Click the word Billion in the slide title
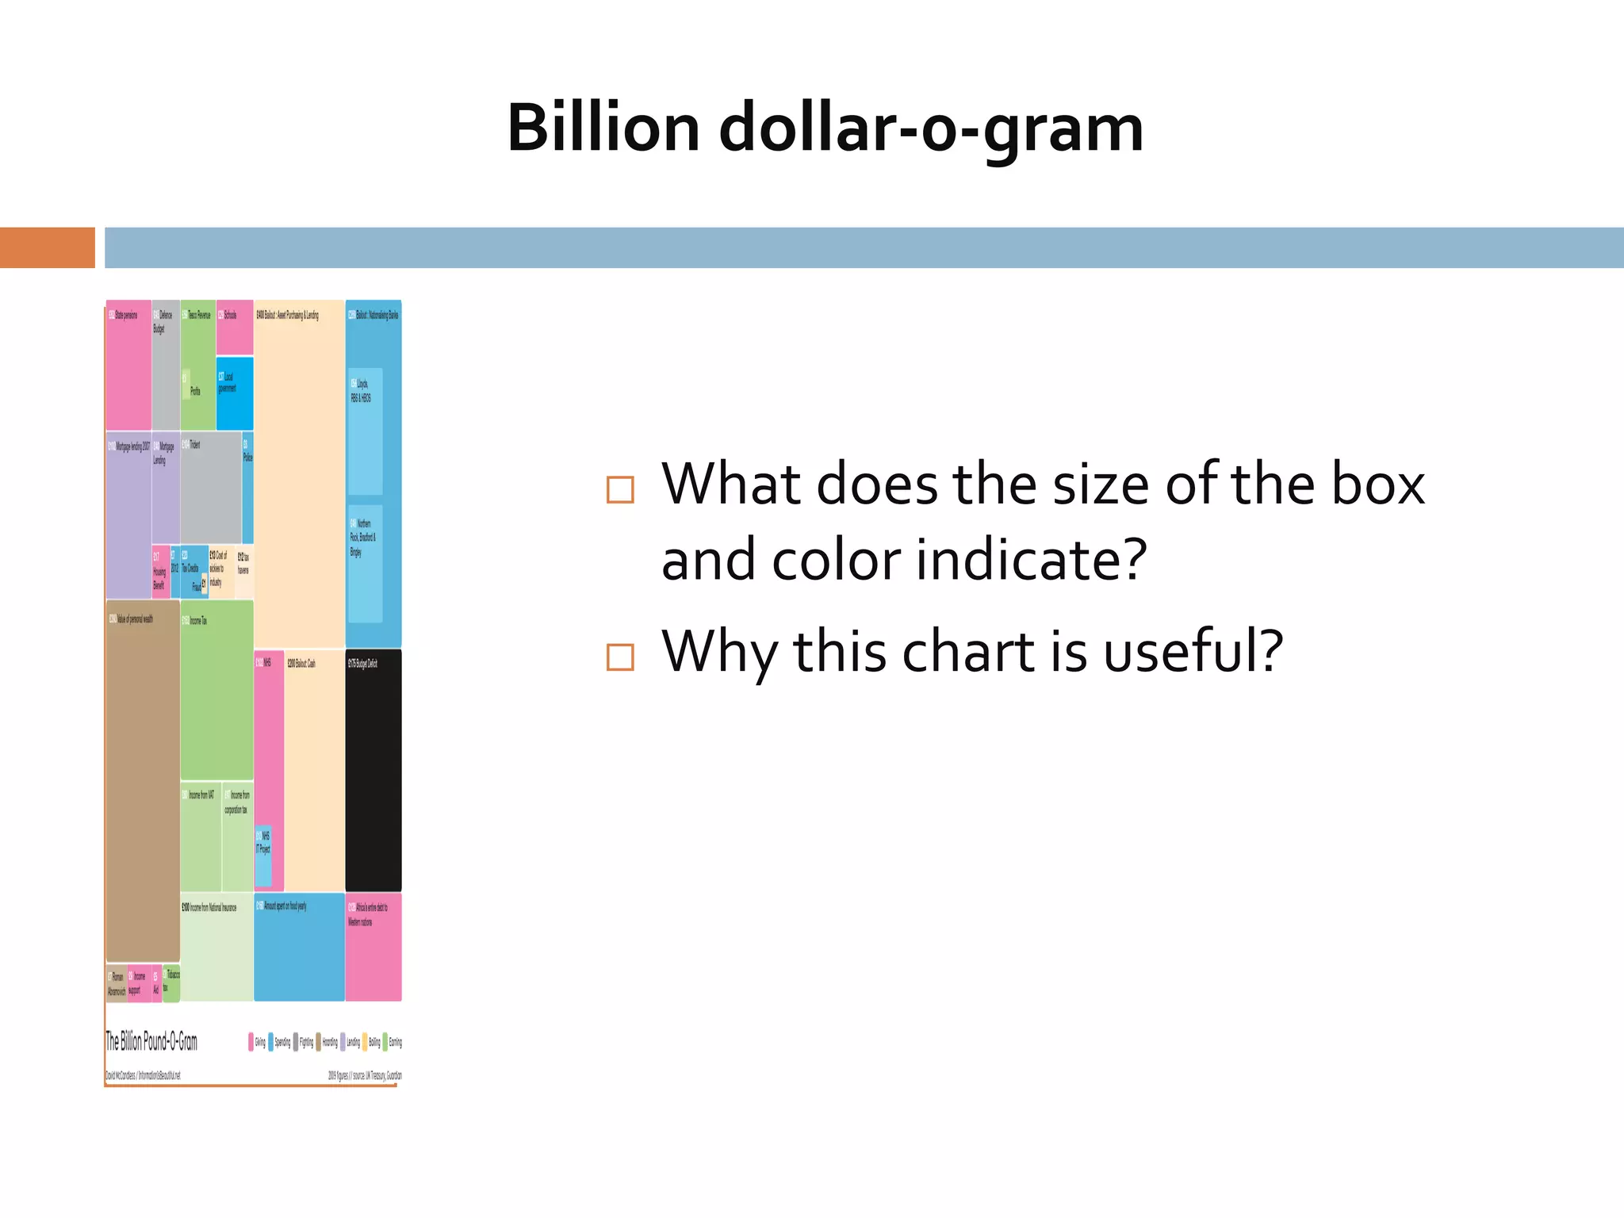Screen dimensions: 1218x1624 click(603, 128)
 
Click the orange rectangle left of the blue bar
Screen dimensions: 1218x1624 click(47, 247)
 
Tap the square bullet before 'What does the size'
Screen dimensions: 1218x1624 click(620, 489)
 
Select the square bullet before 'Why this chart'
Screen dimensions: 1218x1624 click(620, 657)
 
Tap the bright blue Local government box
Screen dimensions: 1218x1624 click(235, 394)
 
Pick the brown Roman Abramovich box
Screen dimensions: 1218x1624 click(116, 983)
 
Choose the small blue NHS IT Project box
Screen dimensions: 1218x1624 click(263, 856)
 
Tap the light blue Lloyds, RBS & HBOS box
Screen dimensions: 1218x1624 click(366, 432)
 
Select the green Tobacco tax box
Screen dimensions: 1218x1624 click(171, 983)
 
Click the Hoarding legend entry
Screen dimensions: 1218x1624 click(327, 1042)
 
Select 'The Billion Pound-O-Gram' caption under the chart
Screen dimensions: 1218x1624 click(151, 1041)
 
